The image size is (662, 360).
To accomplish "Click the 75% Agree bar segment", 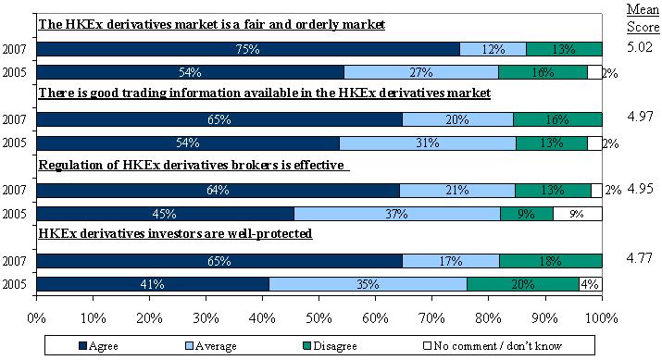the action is [x=248, y=49].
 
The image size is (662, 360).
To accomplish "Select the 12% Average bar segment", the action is [x=493, y=49].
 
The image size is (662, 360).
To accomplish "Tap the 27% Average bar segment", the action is [x=421, y=72].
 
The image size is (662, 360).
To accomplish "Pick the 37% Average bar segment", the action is [x=397, y=214].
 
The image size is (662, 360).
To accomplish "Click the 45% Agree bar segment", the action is [x=166, y=214].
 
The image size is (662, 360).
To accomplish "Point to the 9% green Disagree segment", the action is [x=527, y=214].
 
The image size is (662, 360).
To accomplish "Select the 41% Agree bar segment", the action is [x=154, y=284].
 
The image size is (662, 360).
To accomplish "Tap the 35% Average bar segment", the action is [x=368, y=284].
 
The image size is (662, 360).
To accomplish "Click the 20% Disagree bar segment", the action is [x=523, y=284].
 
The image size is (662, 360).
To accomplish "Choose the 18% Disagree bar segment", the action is [x=551, y=261].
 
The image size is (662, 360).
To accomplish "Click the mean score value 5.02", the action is [x=640, y=47].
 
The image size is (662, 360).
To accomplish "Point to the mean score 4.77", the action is [x=640, y=257].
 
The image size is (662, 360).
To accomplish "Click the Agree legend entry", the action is [x=98, y=346].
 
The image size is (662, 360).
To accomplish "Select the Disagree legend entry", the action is [x=330, y=346].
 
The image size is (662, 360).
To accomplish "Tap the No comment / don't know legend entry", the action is [x=493, y=346].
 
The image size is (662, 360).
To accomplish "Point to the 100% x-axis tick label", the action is [x=602, y=317].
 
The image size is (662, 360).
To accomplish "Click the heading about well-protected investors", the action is [x=175, y=233].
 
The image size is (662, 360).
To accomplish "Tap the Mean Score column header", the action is [x=643, y=18].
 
